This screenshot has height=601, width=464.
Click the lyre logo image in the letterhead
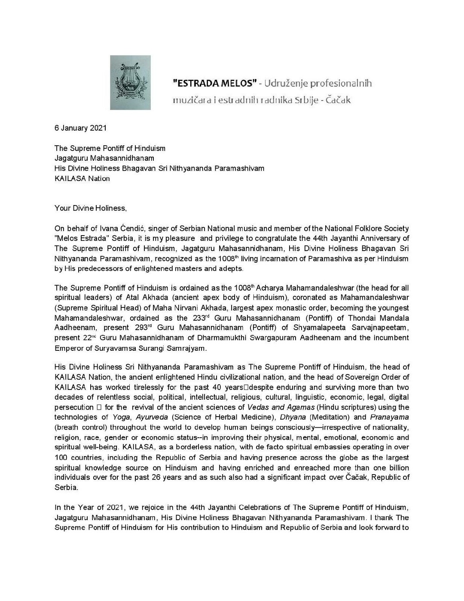(130, 82)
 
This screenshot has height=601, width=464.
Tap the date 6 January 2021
(80, 128)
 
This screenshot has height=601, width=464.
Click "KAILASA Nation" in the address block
(82, 178)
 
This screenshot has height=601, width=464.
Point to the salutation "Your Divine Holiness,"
(91, 209)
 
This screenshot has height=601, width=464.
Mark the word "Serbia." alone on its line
(67, 488)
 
